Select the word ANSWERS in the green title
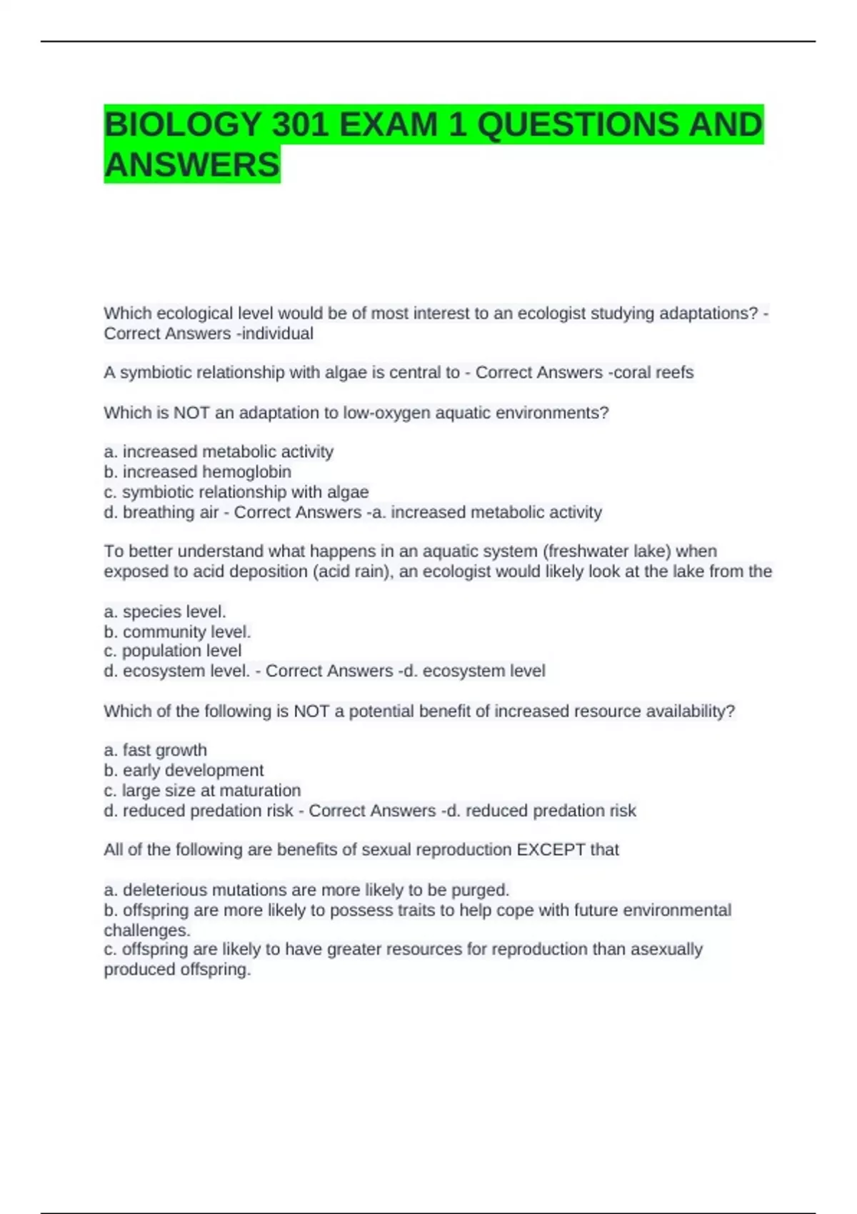(191, 165)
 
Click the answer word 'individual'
(278, 333)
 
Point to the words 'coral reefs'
(654, 373)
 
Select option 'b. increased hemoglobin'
(197, 472)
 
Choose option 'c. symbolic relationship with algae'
(236, 492)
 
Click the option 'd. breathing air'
(161, 512)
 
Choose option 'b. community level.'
(177, 632)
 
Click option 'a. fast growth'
(155, 750)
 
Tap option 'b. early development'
(184, 771)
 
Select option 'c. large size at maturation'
(202, 791)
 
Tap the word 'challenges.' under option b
(147, 930)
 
